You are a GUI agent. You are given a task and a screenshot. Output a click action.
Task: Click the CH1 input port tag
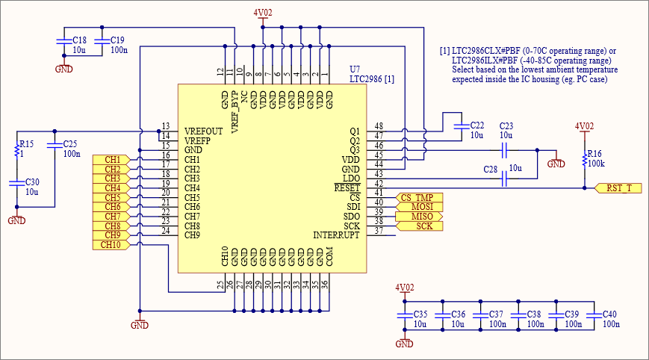pos(111,160)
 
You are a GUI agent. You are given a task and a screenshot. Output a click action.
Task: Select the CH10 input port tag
pos(111,245)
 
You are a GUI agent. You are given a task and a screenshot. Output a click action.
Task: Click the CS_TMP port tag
pos(417,197)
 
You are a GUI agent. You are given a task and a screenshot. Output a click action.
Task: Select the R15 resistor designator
pos(26,143)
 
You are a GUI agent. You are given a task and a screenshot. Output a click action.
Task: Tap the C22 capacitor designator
pos(477,125)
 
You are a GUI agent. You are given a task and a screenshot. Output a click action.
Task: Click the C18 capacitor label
pos(79,40)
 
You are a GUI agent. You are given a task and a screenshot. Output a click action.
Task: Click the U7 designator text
pos(355,69)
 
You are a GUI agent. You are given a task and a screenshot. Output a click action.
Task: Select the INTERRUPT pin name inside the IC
pos(336,235)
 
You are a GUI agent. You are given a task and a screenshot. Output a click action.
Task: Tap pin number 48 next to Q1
pos(379,126)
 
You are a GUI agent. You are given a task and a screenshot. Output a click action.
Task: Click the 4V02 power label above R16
pos(584,126)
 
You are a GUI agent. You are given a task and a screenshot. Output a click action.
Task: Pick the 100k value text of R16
pos(597,163)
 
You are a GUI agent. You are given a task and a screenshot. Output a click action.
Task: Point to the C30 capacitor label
pos(32,182)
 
